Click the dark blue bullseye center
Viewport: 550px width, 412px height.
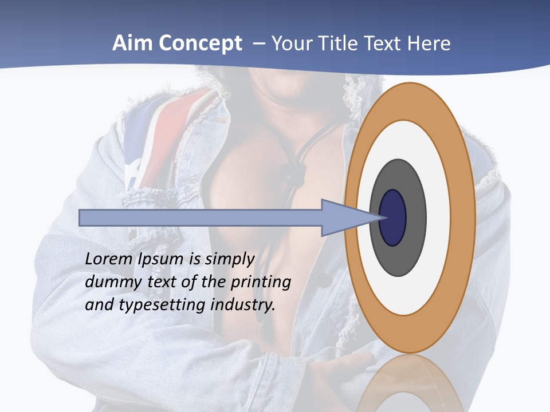(x=392, y=218)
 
